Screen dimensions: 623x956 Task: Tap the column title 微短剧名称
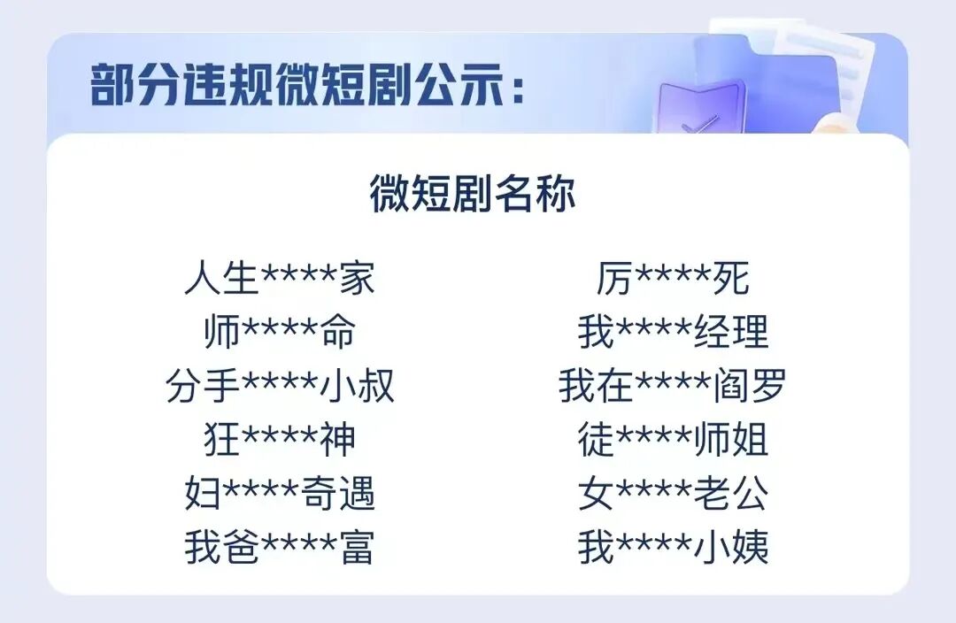(x=472, y=195)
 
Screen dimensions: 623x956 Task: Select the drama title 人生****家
(x=280, y=279)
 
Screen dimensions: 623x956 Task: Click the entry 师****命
(x=280, y=333)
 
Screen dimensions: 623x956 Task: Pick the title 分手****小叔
(x=280, y=387)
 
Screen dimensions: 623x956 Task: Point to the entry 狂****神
(x=280, y=440)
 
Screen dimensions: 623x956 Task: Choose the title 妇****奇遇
(x=280, y=494)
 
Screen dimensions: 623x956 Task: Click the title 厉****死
(x=673, y=279)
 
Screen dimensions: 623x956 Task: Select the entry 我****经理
(x=673, y=333)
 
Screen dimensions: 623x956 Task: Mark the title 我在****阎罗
(x=673, y=387)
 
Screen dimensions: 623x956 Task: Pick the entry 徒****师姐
(x=673, y=440)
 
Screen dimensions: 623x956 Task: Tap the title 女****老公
(x=673, y=494)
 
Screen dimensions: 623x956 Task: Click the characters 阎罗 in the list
(x=750, y=387)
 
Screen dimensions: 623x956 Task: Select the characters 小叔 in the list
(x=357, y=387)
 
